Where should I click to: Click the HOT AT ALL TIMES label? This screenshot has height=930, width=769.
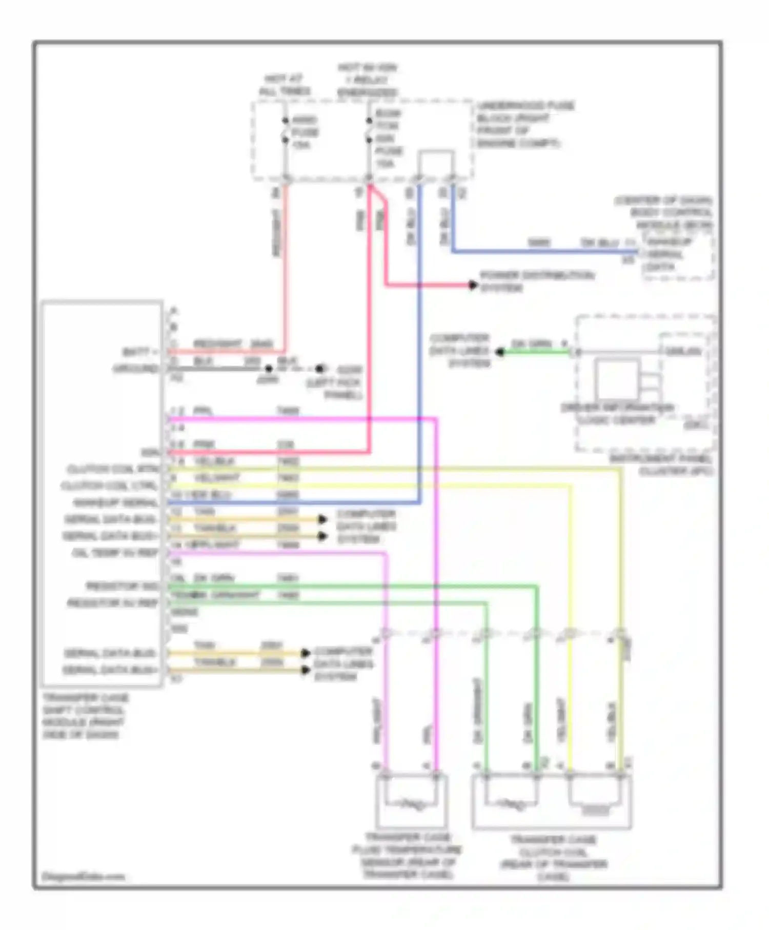(x=285, y=85)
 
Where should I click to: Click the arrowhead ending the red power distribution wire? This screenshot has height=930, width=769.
(x=473, y=285)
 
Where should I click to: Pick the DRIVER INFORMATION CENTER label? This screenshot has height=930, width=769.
(x=618, y=414)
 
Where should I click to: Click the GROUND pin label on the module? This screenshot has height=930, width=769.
(x=136, y=369)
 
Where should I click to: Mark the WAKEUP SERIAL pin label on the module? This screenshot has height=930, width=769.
(x=115, y=502)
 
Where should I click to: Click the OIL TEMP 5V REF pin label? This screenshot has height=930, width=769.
(x=115, y=553)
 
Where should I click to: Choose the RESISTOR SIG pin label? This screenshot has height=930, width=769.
(x=122, y=586)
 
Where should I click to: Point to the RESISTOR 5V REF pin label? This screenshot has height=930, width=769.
(x=113, y=603)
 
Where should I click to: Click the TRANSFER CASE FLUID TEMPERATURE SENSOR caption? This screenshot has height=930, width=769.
(x=408, y=857)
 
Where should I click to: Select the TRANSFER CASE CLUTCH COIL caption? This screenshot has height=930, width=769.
(x=554, y=858)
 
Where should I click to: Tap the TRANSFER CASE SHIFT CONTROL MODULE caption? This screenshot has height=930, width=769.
(x=85, y=716)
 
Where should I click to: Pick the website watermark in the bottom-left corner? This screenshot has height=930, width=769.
(x=83, y=876)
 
